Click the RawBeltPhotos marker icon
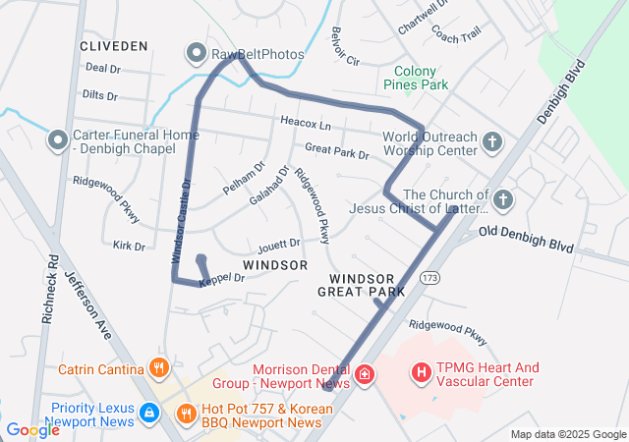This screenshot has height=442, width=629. pyautogui.click(x=196, y=52)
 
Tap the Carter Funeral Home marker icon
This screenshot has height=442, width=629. pyautogui.click(x=58, y=142)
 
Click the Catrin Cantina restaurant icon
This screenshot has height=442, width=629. pyautogui.click(x=158, y=369)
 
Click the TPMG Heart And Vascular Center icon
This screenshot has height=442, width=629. pyautogui.click(x=422, y=373)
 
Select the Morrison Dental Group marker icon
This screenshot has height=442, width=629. pyautogui.click(x=365, y=374)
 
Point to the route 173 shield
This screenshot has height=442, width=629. pyautogui.click(x=429, y=280)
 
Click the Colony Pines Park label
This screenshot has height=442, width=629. pyautogui.click(x=421, y=78)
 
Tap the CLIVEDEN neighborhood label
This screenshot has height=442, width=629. pyautogui.click(x=115, y=46)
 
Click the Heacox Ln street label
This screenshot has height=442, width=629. pyautogui.click(x=306, y=126)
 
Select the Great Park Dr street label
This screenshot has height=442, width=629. pyautogui.click(x=337, y=152)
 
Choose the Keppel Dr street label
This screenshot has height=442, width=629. pyautogui.click(x=221, y=279)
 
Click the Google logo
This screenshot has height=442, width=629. pyautogui.click(x=32, y=429)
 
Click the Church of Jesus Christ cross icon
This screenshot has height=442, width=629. pyautogui.click(x=502, y=201)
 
